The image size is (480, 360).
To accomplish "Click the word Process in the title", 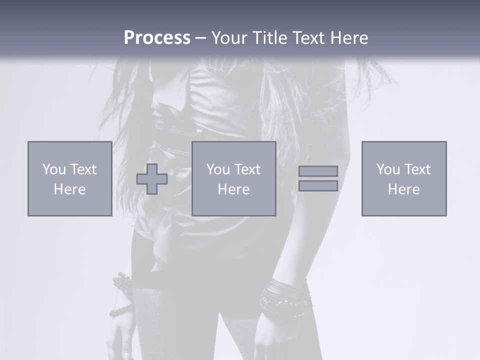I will pos(157,38).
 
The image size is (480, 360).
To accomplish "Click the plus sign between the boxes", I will pos(152,179).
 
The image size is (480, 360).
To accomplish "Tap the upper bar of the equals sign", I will pos(318,171).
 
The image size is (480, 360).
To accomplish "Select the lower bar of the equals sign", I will pos(318,186).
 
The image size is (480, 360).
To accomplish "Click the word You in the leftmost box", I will pos(54,169).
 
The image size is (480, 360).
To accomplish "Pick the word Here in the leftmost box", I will pos(69,189).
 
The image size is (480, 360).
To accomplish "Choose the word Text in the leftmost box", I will pos(83,169).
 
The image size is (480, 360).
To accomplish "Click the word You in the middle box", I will pos(218,169).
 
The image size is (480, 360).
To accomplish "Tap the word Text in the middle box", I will pos(247,169).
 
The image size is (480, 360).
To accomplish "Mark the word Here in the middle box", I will pos(233,189).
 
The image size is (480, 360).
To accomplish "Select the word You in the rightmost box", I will pos(388,169).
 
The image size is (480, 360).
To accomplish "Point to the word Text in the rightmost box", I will pos(417,169).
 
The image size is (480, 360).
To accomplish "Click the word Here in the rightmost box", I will pos(403,189).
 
